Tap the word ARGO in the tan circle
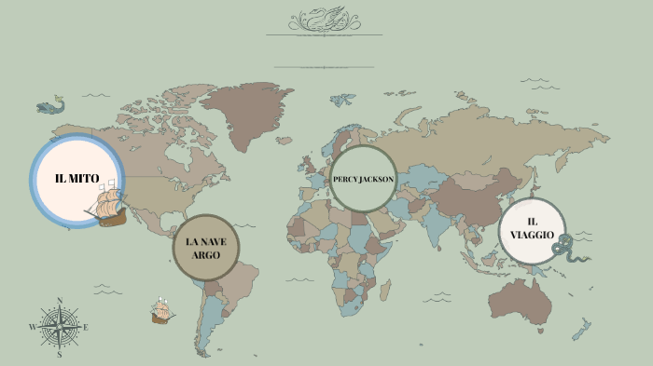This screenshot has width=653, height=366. pyautogui.click(x=206, y=254)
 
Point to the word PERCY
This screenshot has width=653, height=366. pyautogui.click(x=346, y=179)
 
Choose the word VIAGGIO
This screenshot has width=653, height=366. pyautogui.click(x=532, y=235)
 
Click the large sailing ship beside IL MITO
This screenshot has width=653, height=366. pyautogui.click(x=109, y=205)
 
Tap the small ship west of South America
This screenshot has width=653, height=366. pyautogui.click(x=161, y=311)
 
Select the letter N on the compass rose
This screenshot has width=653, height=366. pyautogui.click(x=60, y=300)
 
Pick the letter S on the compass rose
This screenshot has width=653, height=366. pyautogui.click(x=60, y=354)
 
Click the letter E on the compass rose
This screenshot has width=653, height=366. pyautogui.click(x=86, y=327)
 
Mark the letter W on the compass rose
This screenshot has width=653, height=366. pyautogui.click(x=32, y=327)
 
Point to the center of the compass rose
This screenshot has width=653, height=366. pyautogui.click(x=60, y=327)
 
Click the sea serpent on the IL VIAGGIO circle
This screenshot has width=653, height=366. pyautogui.click(x=563, y=245)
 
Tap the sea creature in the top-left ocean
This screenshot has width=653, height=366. pyautogui.click(x=50, y=106)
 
